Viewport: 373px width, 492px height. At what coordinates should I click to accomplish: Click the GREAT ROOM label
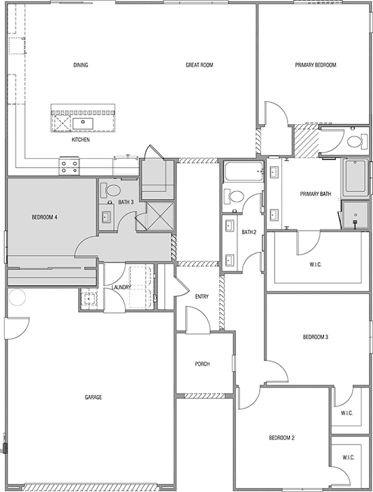tap(199, 65)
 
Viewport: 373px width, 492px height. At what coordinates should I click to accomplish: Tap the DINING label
tap(81, 65)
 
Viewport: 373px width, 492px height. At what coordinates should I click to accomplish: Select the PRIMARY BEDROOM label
tap(315, 65)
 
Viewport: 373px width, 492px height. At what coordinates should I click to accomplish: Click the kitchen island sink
tap(83, 123)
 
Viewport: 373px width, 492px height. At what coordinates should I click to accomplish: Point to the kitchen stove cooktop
tap(69, 166)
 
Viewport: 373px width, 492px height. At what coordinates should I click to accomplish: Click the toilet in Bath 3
tap(111, 190)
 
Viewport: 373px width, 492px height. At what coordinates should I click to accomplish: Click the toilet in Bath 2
tap(233, 196)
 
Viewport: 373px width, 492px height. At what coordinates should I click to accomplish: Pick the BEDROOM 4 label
tap(44, 216)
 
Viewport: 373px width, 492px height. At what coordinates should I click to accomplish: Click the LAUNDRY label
tap(121, 287)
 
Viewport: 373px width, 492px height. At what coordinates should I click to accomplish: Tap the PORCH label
tap(202, 364)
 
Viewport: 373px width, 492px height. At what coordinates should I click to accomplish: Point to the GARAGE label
tap(93, 397)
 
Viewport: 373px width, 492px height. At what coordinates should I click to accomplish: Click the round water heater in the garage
tap(17, 297)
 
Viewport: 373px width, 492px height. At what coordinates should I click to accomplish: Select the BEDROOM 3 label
tap(315, 337)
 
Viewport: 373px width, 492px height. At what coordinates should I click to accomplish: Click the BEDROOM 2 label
tap(281, 438)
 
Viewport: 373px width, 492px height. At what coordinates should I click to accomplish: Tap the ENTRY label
tap(201, 297)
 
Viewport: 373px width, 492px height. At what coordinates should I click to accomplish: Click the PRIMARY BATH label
tap(315, 194)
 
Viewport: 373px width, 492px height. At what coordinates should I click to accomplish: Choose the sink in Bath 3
tap(106, 216)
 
